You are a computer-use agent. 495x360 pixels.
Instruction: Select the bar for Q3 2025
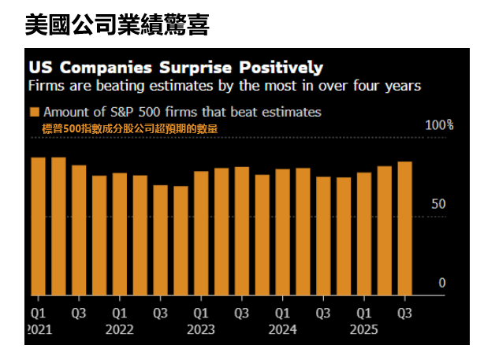[405, 228]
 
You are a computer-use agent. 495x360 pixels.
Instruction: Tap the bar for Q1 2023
[201, 232]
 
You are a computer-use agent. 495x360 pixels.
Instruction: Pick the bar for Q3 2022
[160, 239]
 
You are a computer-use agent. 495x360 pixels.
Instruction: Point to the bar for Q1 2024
[283, 232]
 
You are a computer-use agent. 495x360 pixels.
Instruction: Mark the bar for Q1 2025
[364, 233]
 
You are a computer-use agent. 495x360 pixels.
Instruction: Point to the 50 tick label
[439, 204]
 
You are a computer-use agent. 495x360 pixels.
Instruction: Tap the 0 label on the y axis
[442, 283]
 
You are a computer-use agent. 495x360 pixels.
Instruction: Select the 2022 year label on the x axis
[119, 330]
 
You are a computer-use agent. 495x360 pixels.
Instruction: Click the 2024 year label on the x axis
[282, 330]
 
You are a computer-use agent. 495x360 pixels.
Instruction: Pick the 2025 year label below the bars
[364, 330]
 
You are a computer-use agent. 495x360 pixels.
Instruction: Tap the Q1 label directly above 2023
[201, 312]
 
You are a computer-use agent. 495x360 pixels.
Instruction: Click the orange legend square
[35, 112]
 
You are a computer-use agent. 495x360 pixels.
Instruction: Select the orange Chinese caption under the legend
[130, 128]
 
